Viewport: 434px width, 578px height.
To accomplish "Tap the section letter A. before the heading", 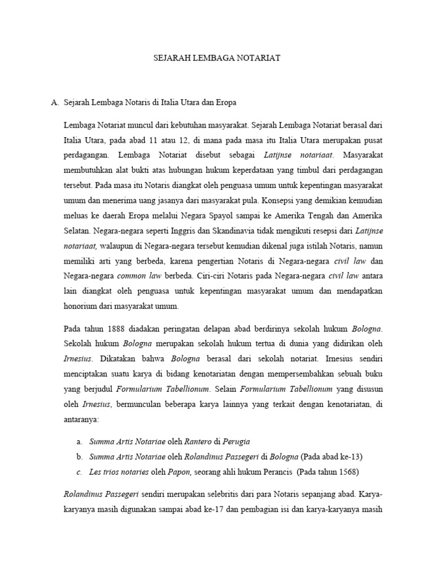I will pos(55,103).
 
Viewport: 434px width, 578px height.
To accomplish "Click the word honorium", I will pos(82,306).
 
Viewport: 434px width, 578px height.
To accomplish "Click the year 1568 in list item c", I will pos(345,472).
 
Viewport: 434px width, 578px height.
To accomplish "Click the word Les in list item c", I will pos(94,472).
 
